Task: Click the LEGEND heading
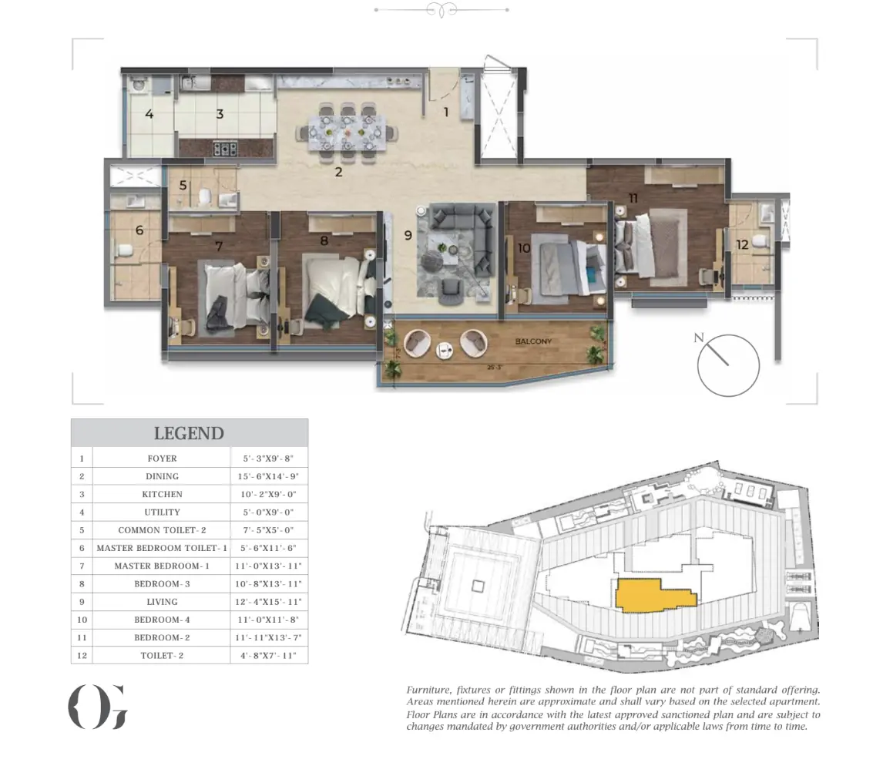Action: pos(189,433)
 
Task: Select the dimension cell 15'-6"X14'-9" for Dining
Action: pos(268,476)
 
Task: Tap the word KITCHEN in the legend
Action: pos(162,495)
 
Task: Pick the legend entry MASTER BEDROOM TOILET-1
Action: pos(162,548)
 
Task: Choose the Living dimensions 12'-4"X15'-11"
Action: pos(268,602)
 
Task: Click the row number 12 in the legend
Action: pos(82,656)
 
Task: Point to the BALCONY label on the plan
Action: pos(533,341)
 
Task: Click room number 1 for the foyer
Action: pos(446,112)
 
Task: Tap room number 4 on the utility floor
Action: pos(149,114)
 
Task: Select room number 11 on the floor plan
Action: pos(633,198)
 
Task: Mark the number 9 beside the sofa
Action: pos(408,236)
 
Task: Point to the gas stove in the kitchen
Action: pos(225,149)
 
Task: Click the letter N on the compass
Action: pos(699,338)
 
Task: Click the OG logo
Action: pos(98,707)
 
